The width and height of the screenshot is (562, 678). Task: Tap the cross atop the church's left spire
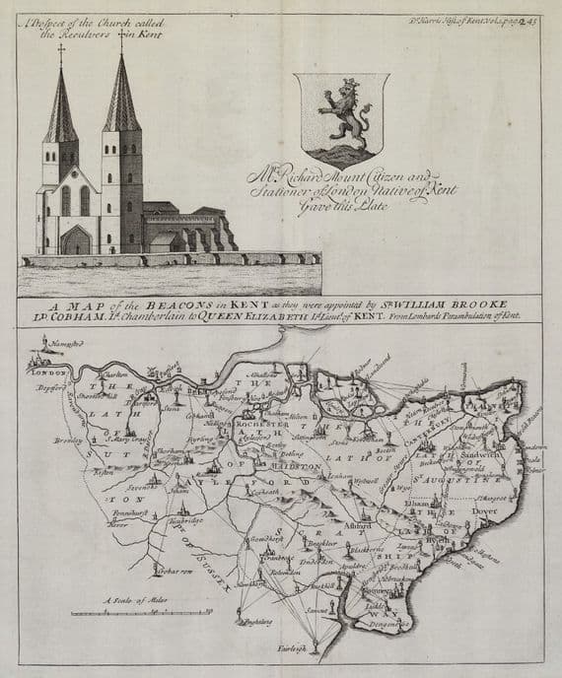(x=61, y=51)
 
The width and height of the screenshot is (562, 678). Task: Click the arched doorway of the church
(x=76, y=239)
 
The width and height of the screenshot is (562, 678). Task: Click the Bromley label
(x=68, y=441)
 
